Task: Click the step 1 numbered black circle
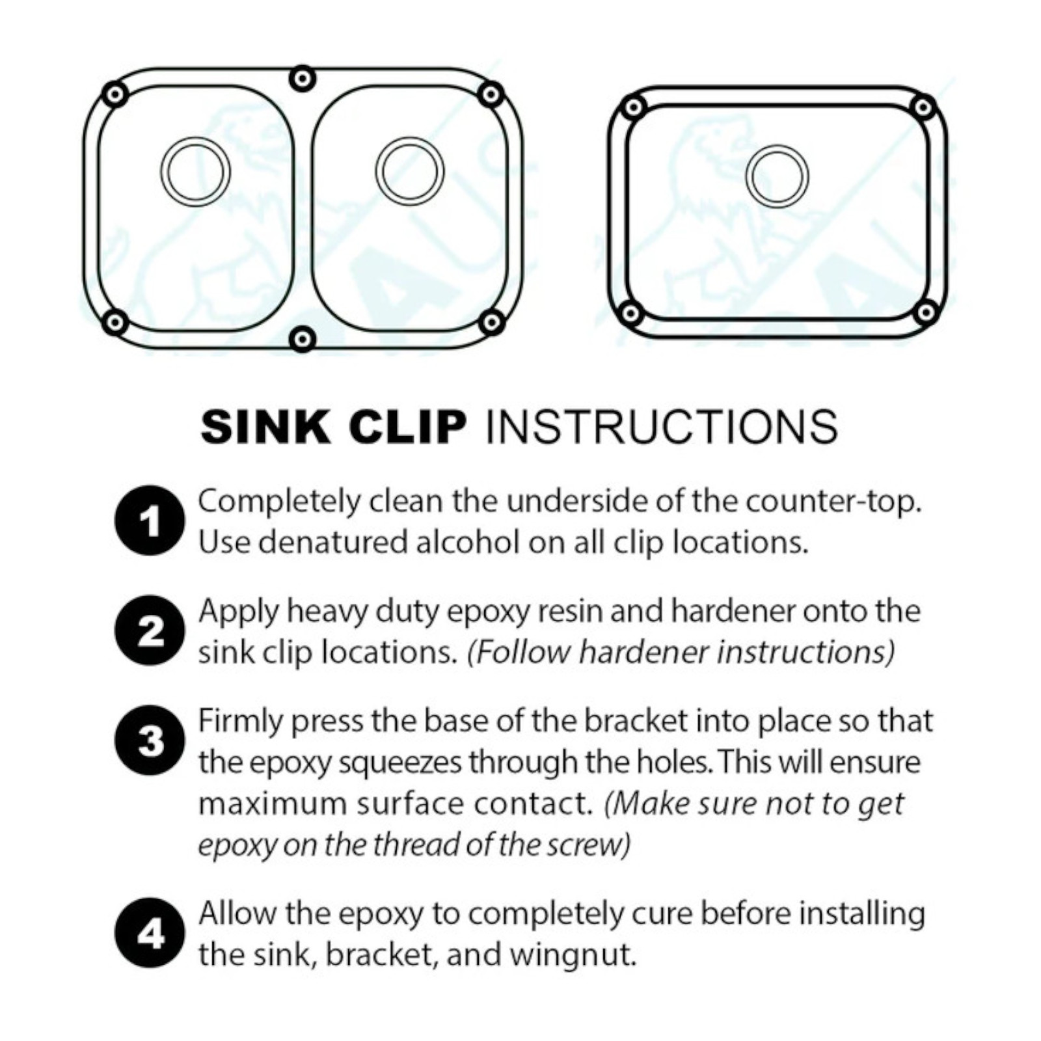click(x=149, y=520)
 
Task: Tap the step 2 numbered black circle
click(x=149, y=630)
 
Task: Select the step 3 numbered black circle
click(x=149, y=740)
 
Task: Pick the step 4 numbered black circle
click(x=149, y=933)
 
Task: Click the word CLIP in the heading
click(x=407, y=427)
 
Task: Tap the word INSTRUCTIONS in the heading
click(x=662, y=427)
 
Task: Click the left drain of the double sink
click(x=195, y=172)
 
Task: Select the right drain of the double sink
click(x=410, y=172)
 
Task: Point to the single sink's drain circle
click(x=777, y=176)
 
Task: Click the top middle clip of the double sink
click(x=302, y=79)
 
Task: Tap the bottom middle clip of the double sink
click(x=302, y=338)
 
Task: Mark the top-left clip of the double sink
click(x=115, y=95)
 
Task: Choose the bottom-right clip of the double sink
click(x=491, y=321)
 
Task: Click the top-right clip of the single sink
click(x=924, y=107)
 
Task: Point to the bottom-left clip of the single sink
click(x=630, y=314)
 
